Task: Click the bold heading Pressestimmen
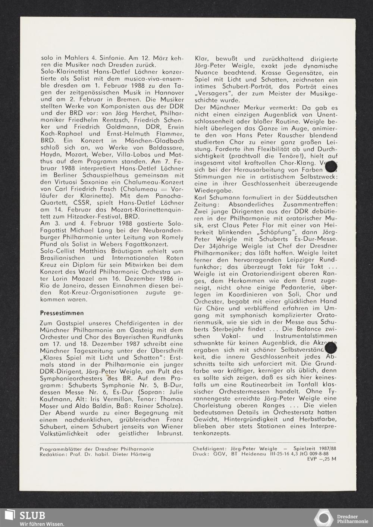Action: pos(62,313)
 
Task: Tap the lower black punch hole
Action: pos(331,348)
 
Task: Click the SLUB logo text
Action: pos(32,515)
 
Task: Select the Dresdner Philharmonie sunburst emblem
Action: pos(323,518)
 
